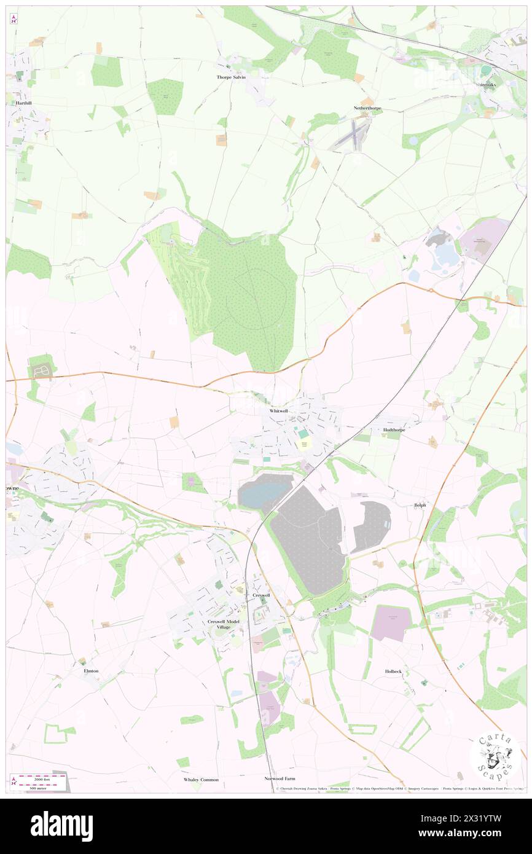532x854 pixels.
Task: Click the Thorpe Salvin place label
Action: pyautogui.click(x=231, y=78)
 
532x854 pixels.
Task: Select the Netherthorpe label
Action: pyautogui.click(x=367, y=108)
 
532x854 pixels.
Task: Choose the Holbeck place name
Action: pyautogui.click(x=393, y=672)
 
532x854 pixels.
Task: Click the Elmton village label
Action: pyautogui.click(x=91, y=671)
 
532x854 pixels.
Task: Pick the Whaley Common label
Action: pyautogui.click(x=201, y=780)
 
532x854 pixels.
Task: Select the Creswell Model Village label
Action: pyautogui.click(x=223, y=624)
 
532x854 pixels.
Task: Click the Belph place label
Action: pyautogui.click(x=420, y=505)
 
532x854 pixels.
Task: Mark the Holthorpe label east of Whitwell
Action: pyautogui.click(x=395, y=430)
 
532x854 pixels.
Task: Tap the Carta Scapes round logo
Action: pyautogui.click(x=495, y=757)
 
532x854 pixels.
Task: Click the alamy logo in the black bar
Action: pyautogui.click(x=61, y=826)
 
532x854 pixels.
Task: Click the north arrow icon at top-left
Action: pyautogui.click(x=14, y=19)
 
